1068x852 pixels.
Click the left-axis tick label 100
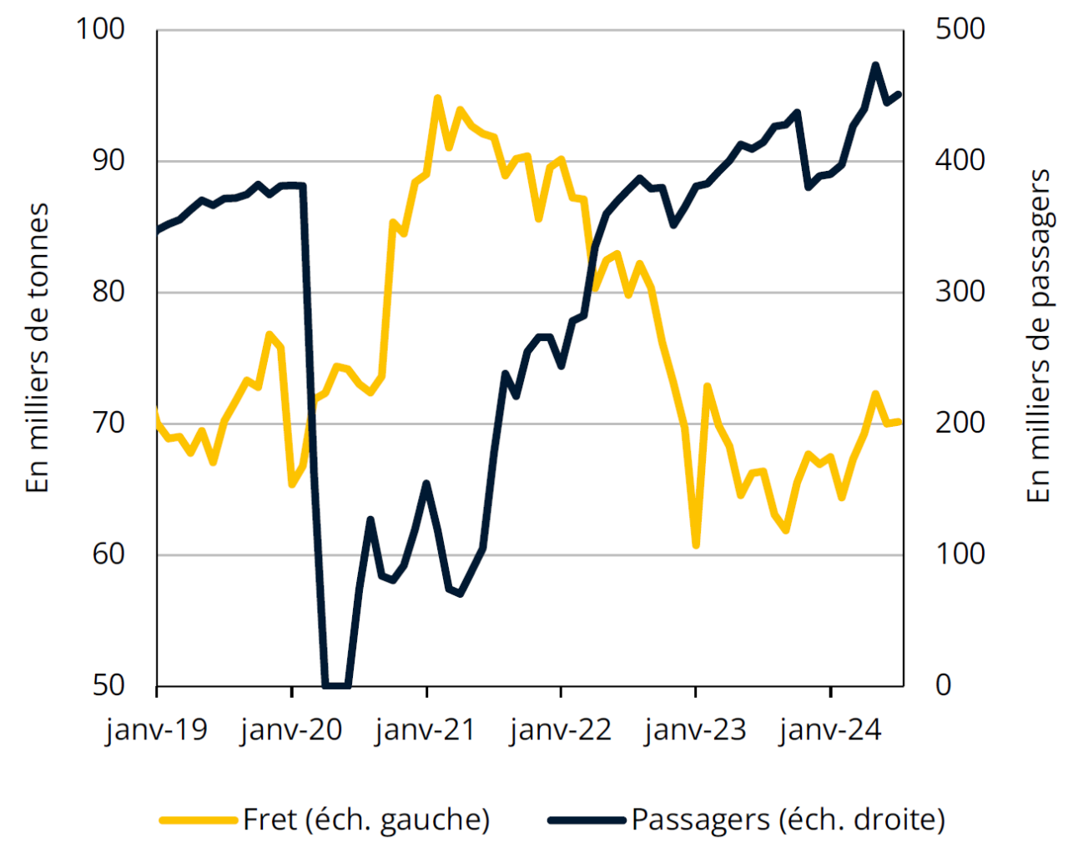(x=100, y=29)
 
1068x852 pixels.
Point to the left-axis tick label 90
(x=108, y=160)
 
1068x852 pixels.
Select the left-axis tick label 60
(x=108, y=554)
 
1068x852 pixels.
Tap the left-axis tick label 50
(x=108, y=685)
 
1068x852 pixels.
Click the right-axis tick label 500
(x=960, y=29)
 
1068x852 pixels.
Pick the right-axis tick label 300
(x=960, y=292)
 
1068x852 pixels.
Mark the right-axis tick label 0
(x=943, y=685)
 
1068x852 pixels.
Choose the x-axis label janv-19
(x=157, y=730)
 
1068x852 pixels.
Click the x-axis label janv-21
(x=426, y=730)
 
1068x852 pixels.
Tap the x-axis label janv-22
(x=561, y=730)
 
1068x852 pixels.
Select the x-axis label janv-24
(x=830, y=730)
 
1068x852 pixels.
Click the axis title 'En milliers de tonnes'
(x=38, y=348)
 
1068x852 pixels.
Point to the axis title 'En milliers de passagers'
(x=1038, y=336)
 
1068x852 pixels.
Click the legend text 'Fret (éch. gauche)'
(x=366, y=819)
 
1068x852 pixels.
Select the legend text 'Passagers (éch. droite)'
(x=788, y=819)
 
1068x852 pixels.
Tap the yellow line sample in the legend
(x=199, y=820)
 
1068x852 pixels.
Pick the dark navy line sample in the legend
(x=587, y=820)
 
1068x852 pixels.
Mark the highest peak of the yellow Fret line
(x=438, y=98)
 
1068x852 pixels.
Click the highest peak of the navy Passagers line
(x=875, y=64)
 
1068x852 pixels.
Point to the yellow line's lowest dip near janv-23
(x=696, y=545)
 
